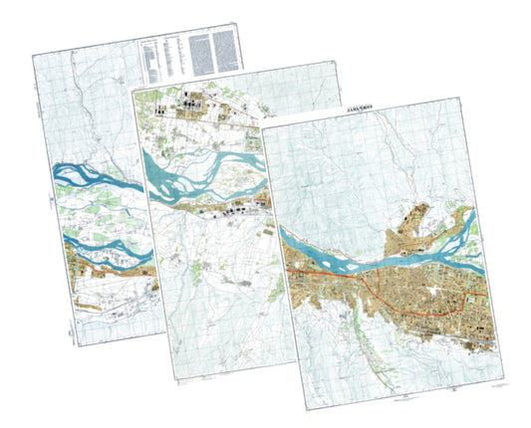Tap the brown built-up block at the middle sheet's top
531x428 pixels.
[189, 105]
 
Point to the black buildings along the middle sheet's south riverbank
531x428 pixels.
[234, 210]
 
